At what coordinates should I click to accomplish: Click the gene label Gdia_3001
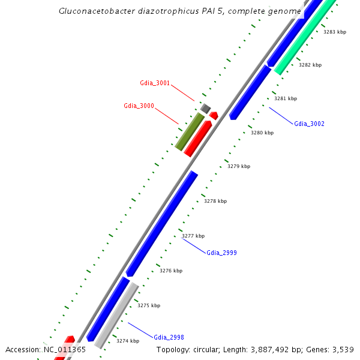pos(155,83)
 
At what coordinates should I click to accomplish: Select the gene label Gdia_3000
pos(139,106)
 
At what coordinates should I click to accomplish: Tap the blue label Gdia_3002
pos(309,124)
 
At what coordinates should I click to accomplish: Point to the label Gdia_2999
pos(221,253)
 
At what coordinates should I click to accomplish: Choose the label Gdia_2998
pos(169,337)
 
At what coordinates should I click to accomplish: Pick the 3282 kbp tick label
pos(310,65)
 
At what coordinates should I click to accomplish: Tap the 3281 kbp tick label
pos(286,98)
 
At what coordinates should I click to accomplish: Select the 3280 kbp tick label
pos(262,133)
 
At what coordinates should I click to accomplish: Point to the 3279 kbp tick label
pos(239,166)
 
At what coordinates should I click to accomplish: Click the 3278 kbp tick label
pos(215,201)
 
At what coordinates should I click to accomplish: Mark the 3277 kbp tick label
pos(193,236)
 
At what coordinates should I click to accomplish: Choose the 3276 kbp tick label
pos(171,271)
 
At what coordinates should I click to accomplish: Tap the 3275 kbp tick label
pos(149,305)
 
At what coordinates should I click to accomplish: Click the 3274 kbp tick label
pos(128,341)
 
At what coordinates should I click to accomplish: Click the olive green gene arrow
pos(190,130)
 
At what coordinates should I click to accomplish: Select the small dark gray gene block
pos(205,109)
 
